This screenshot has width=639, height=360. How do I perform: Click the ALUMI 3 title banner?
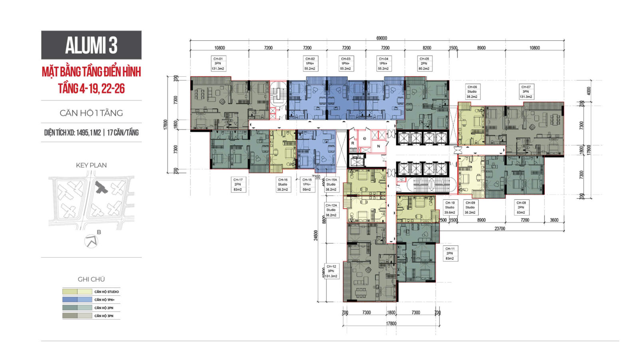pos(91,45)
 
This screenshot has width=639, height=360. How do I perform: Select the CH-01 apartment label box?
pos(218,64)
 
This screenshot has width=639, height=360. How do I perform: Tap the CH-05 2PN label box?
pos(424,64)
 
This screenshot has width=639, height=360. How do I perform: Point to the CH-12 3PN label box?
pos(331,271)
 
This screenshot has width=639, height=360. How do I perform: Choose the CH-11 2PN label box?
pos(450,253)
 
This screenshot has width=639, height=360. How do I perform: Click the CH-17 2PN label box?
pos(238,185)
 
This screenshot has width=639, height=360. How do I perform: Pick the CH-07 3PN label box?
pos(526,91)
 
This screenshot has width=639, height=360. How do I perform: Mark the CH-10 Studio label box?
pos(450,207)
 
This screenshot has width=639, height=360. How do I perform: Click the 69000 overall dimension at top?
pos(381,38)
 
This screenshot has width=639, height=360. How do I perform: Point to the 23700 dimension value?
pos(500,229)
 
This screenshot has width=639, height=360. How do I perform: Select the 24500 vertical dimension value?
pos(316,235)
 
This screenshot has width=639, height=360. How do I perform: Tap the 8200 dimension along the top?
pos(427,48)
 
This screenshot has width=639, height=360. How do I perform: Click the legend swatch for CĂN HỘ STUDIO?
pos(77,292)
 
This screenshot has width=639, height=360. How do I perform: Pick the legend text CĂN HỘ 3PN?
pos(104,316)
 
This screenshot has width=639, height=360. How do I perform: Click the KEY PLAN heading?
pos(91,165)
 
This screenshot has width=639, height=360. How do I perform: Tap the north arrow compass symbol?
pos(91,241)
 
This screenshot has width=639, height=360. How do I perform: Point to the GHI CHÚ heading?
pos(91,279)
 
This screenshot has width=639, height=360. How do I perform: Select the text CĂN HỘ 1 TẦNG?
pos(91,113)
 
